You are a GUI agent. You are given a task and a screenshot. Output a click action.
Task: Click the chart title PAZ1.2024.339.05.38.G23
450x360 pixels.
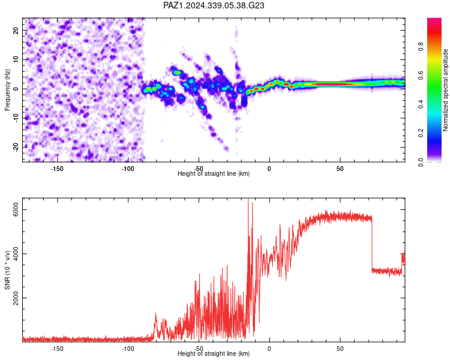214,5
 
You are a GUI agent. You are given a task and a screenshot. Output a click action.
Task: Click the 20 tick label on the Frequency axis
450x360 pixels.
16,30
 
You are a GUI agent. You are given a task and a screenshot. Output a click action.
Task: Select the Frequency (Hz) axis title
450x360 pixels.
7,89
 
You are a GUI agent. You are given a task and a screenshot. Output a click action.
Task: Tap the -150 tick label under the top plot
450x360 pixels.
57,169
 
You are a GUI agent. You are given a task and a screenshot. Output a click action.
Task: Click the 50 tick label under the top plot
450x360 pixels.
340,169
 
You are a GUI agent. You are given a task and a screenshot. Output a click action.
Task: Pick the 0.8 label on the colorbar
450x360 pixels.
421,46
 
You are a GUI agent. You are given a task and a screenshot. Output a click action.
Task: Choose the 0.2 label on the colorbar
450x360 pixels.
421,133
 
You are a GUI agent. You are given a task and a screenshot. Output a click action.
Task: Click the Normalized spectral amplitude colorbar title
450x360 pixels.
445,90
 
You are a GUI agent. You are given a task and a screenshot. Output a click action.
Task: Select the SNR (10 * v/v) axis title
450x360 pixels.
7,270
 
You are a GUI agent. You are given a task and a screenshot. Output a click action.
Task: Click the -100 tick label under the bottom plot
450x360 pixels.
128,349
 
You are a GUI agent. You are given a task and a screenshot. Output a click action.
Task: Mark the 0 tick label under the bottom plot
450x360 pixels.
269,349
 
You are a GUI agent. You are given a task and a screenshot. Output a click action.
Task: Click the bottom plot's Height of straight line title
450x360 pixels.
214,353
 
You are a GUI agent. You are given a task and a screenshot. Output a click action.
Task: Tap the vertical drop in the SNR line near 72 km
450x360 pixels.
372,244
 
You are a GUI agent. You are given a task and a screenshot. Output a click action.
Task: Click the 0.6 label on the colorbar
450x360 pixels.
421,75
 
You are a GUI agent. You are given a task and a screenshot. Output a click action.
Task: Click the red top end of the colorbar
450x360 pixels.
434,20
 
